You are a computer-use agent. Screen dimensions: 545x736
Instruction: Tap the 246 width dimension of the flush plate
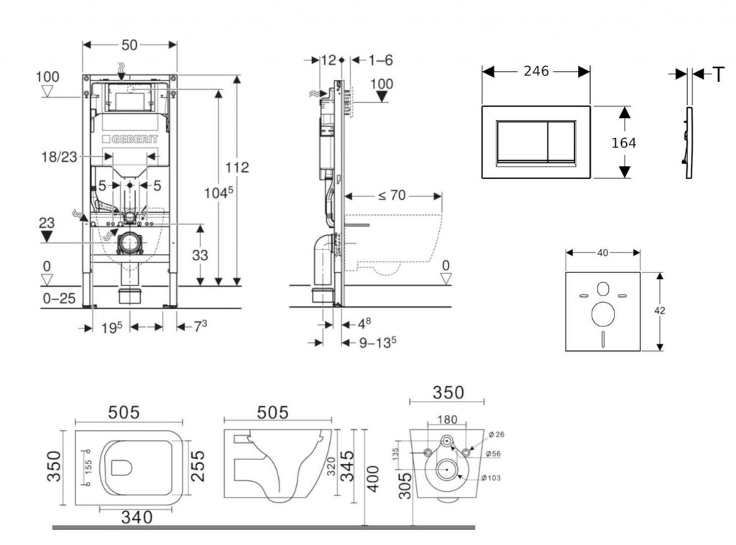(x=536, y=71)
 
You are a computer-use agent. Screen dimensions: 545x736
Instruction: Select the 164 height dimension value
(x=623, y=143)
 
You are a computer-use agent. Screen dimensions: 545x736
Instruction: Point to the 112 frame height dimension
(x=236, y=168)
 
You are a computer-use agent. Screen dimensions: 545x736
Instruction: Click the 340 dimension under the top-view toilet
(x=136, y=516)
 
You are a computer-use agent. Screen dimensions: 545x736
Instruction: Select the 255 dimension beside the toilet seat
(x=198, y=466)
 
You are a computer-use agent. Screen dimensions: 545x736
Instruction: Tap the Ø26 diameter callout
(x=497, y=434)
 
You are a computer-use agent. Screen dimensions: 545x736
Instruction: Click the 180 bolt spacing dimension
(x=446, y=420)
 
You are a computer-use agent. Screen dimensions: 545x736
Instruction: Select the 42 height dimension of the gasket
(x=661, y=311)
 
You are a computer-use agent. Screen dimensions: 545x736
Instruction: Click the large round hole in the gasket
(x=602, y=314)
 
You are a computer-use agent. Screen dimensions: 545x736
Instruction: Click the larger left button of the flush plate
(x=523, y=140)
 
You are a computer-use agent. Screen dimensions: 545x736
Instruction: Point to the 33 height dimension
(x=200, y=255)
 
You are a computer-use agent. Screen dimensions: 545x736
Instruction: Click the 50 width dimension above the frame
(x=129, y=45)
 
